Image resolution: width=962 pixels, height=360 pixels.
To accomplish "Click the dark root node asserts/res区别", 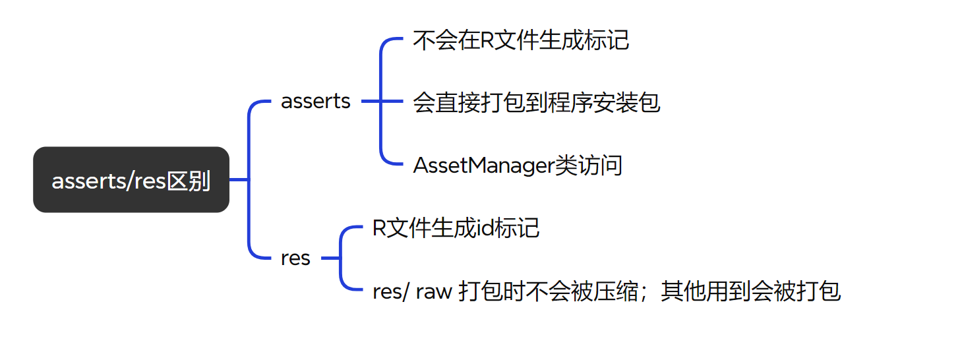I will tap(131, 180).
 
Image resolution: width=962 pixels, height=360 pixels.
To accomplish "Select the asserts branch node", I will tap(315, 102).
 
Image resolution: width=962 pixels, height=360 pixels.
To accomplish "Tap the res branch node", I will tap(295, 258).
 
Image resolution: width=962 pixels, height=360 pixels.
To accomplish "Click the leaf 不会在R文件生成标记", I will tap(521, 40).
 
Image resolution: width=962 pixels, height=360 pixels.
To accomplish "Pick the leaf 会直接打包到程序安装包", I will tap(536, 102).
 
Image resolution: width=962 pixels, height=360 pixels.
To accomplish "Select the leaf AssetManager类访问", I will tap(518, 165).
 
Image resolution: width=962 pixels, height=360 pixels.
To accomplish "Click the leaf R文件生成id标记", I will tap(456, 228).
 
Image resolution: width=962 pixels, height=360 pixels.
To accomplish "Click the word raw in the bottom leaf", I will tap(434, 291).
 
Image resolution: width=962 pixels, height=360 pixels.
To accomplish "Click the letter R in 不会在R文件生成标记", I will tap(487, 40).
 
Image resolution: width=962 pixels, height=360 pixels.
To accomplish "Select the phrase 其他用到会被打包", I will tap(751, 291).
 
